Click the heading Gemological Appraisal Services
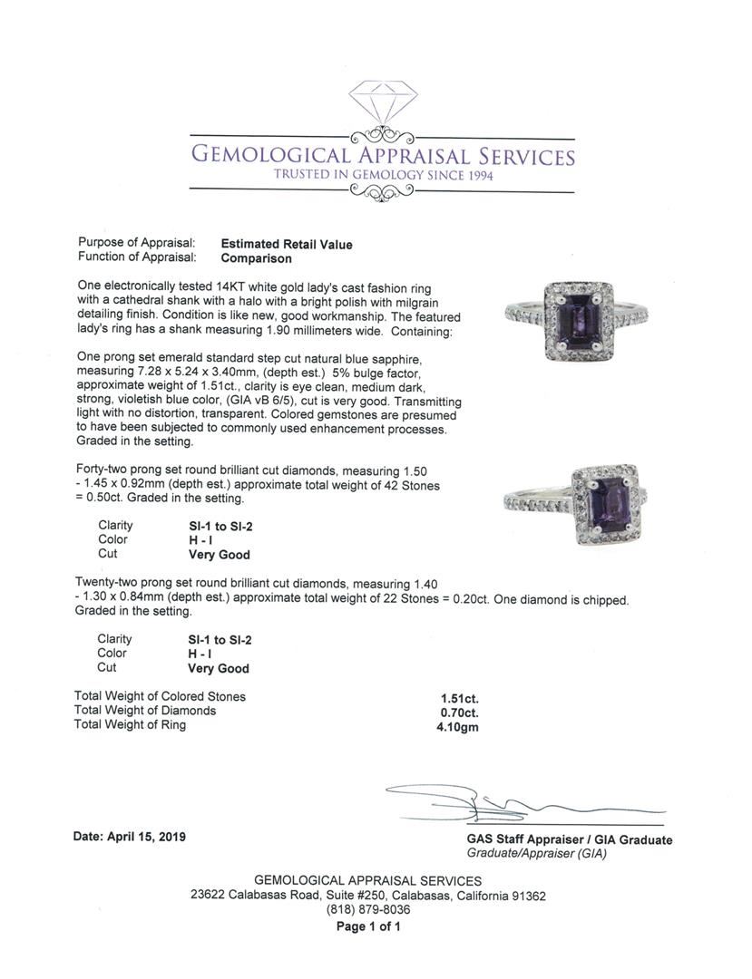pyautogui.click(x=382, y=156)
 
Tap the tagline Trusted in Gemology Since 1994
pyautogui.click(x=381, y=175)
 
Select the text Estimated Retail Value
pyautogui.click(x=287, y=244)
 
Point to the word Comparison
pyautogui.click(x=257, y=258)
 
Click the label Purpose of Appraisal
pyautogui.click(x=136, y=243)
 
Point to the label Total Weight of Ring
pyautogui.click(x=130, y=725)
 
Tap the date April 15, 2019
pyautogui.click(x=129, y=837)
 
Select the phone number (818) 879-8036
pyautogui.click(x=368, y=910)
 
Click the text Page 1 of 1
pyautogui.click(x=368, y=926)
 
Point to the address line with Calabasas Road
pyautogui.click(x=368, y=896)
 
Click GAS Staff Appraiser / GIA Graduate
pyautogui.click(x=570, y=839)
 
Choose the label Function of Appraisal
pyautogui.click(x=136, y=257)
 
